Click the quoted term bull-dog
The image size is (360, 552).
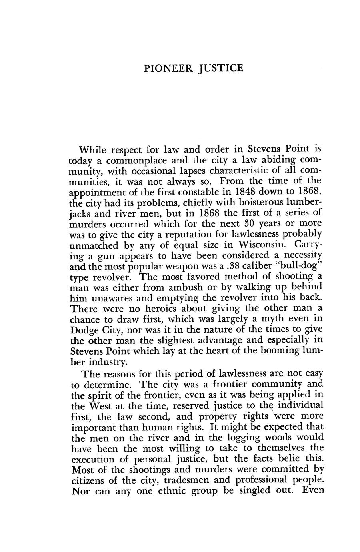[296, 265]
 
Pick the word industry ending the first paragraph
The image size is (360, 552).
[107, 362]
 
